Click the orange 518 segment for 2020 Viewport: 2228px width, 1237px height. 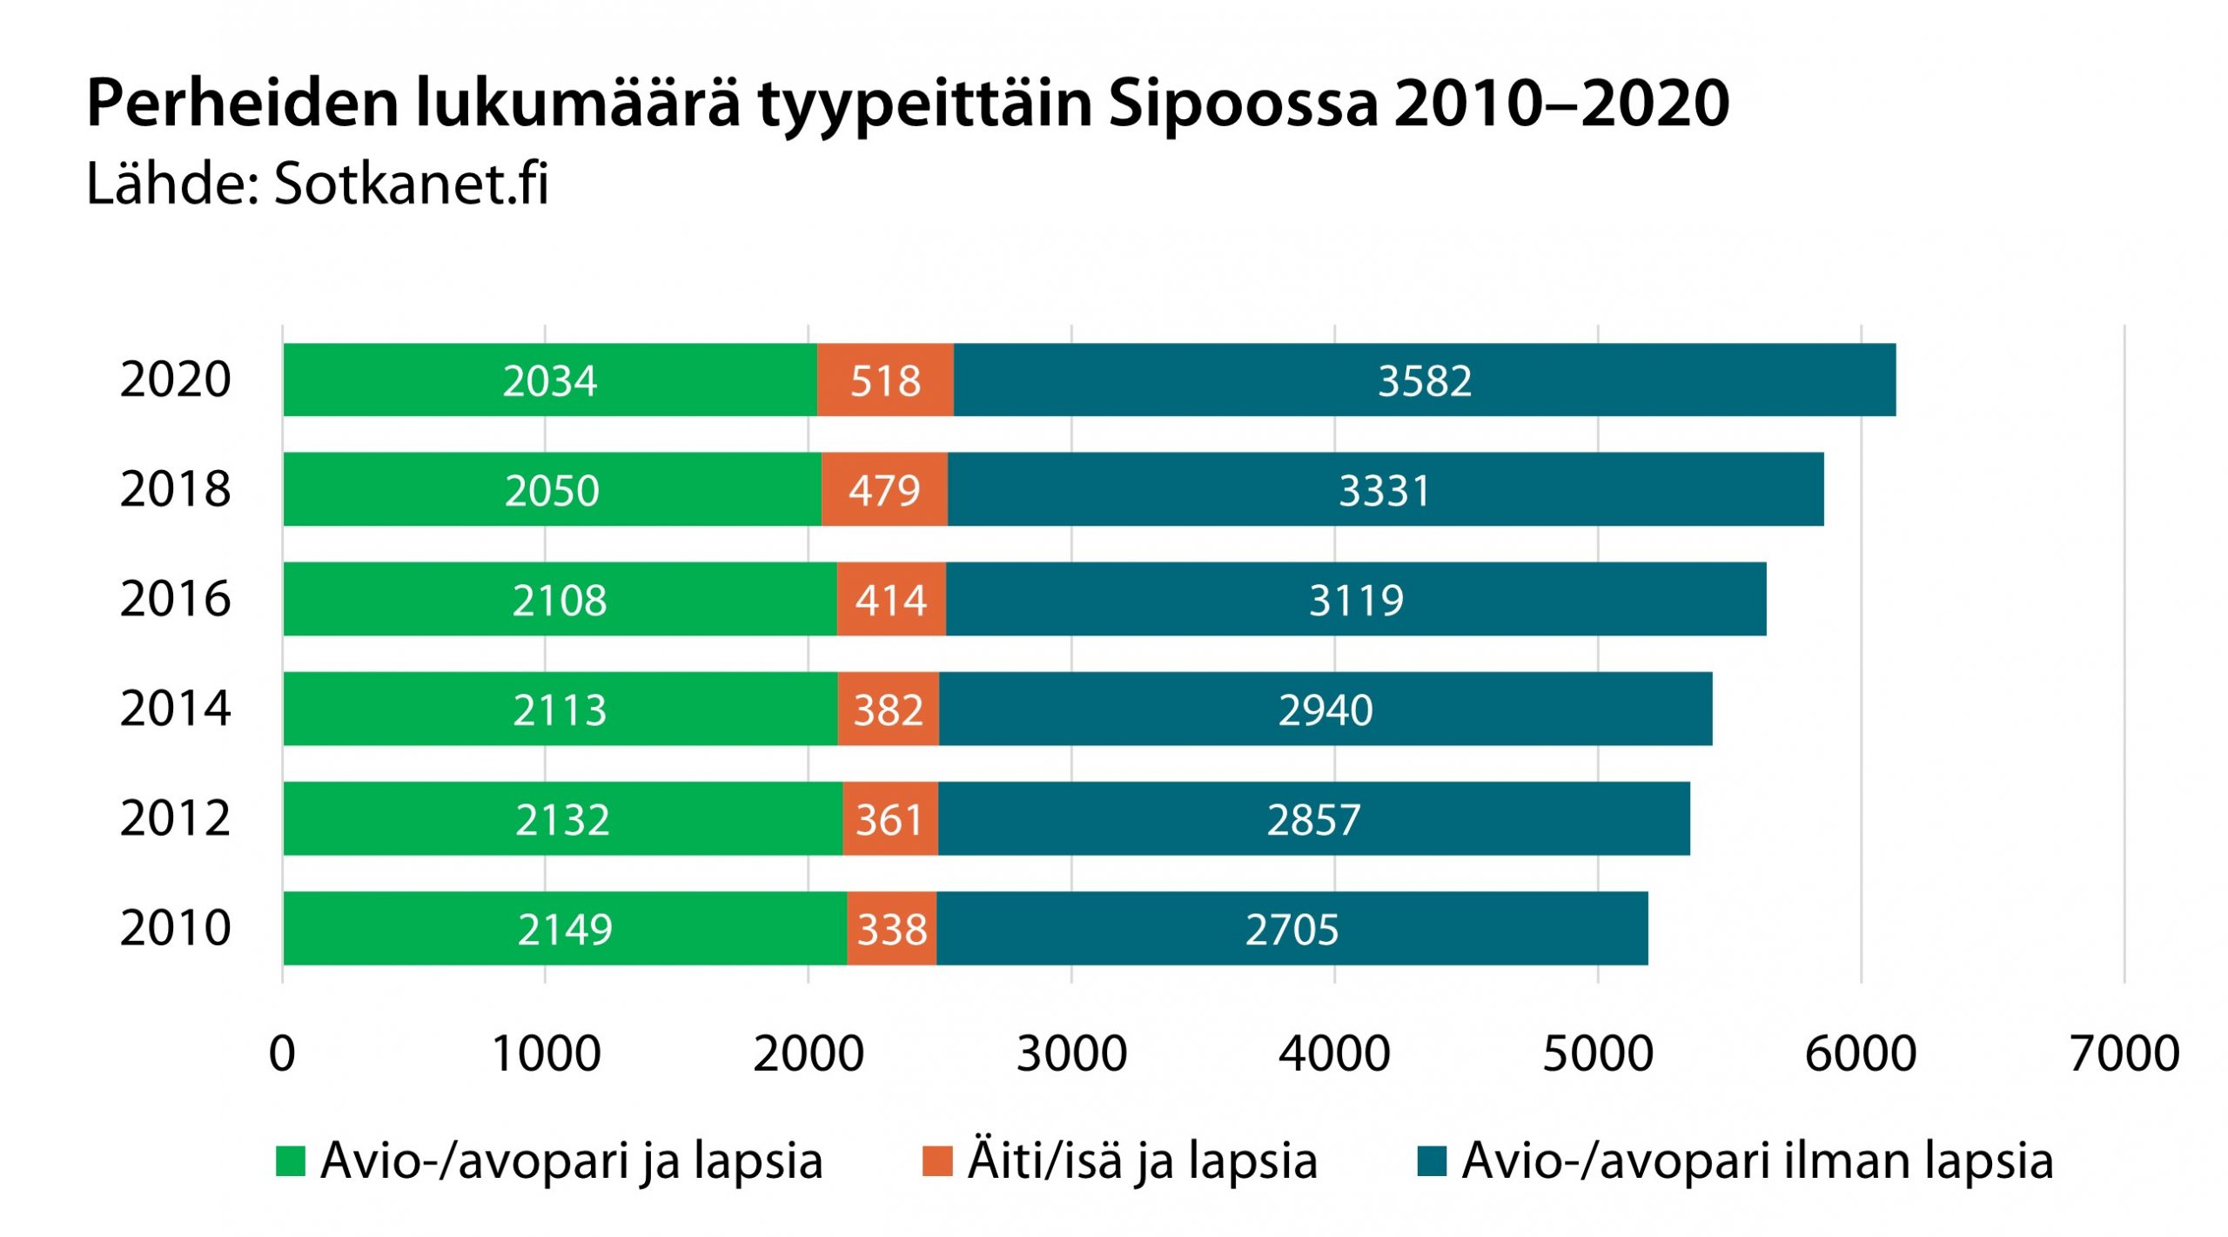(885, 380)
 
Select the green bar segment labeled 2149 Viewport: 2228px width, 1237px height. (565, 929)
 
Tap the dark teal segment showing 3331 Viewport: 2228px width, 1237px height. (1385, 489)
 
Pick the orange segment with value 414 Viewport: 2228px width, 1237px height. (891, 600)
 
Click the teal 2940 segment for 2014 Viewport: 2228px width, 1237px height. (1325, 709)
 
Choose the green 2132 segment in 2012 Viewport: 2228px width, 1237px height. (562, 819)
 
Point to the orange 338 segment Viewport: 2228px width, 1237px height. (891, 929)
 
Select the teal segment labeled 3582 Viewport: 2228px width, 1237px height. (1424, 380)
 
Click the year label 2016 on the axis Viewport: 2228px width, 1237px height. (175, 599)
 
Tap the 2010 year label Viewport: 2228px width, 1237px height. (175, 928)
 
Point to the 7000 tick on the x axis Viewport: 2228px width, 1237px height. (2124, 1053)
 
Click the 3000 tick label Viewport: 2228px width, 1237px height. (1071, 1053)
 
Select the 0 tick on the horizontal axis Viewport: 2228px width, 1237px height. (282, 1053)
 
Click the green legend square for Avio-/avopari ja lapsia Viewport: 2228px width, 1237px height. (291, 1161)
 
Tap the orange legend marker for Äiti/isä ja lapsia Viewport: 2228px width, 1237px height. (937, 1161)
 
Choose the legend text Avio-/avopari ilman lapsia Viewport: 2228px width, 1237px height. (1757, 1161)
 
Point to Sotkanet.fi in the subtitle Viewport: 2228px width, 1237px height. (411, 184)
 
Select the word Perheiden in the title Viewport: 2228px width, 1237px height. (243, 104)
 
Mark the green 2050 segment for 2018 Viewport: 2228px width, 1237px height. (552, 490)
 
